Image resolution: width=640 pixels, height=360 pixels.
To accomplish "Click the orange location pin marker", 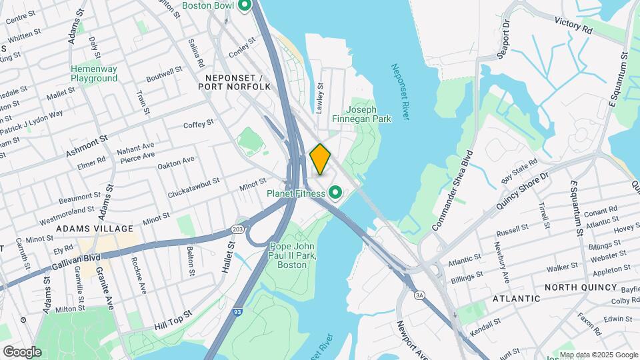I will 320,159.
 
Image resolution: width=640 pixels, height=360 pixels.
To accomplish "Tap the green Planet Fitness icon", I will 336,194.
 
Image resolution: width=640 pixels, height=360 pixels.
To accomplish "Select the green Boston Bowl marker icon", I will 244,6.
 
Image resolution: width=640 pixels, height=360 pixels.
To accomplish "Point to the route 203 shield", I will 238,229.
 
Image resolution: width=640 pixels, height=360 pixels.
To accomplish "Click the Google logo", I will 22,351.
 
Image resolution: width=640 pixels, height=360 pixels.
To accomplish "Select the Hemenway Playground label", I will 94,73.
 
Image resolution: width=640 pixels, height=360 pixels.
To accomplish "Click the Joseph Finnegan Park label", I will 367,114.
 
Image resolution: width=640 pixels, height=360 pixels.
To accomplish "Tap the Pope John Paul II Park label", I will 293,255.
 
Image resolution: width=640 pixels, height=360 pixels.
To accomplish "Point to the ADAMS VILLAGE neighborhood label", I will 95,228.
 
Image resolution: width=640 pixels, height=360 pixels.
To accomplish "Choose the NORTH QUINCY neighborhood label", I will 581,287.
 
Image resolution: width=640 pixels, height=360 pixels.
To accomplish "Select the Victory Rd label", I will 573,25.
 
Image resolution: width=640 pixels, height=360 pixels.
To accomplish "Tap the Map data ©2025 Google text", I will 598,354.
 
